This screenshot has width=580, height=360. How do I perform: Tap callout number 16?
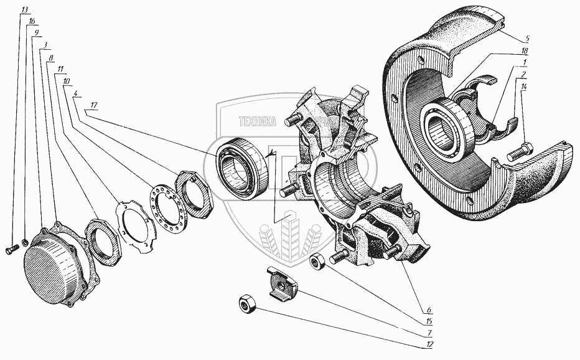click(32, 22)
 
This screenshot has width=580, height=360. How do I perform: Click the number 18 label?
click(525, 49)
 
